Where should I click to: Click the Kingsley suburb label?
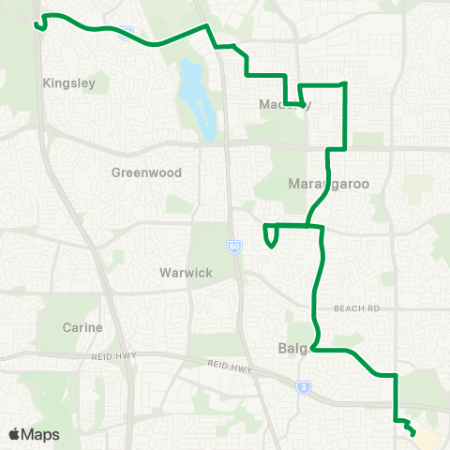point(69,82)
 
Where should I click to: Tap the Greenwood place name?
point(146,172)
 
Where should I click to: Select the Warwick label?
point(185,273)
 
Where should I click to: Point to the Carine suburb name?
point(82,327)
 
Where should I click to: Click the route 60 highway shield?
point(232,247)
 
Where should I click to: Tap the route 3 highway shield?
point(303,385)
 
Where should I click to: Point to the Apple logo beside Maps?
point(15,434)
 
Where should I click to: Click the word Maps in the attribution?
point(41,434)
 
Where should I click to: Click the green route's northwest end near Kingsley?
point(37,25)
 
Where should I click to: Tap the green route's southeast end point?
point(413,431)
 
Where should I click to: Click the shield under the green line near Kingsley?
point(127,34)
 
